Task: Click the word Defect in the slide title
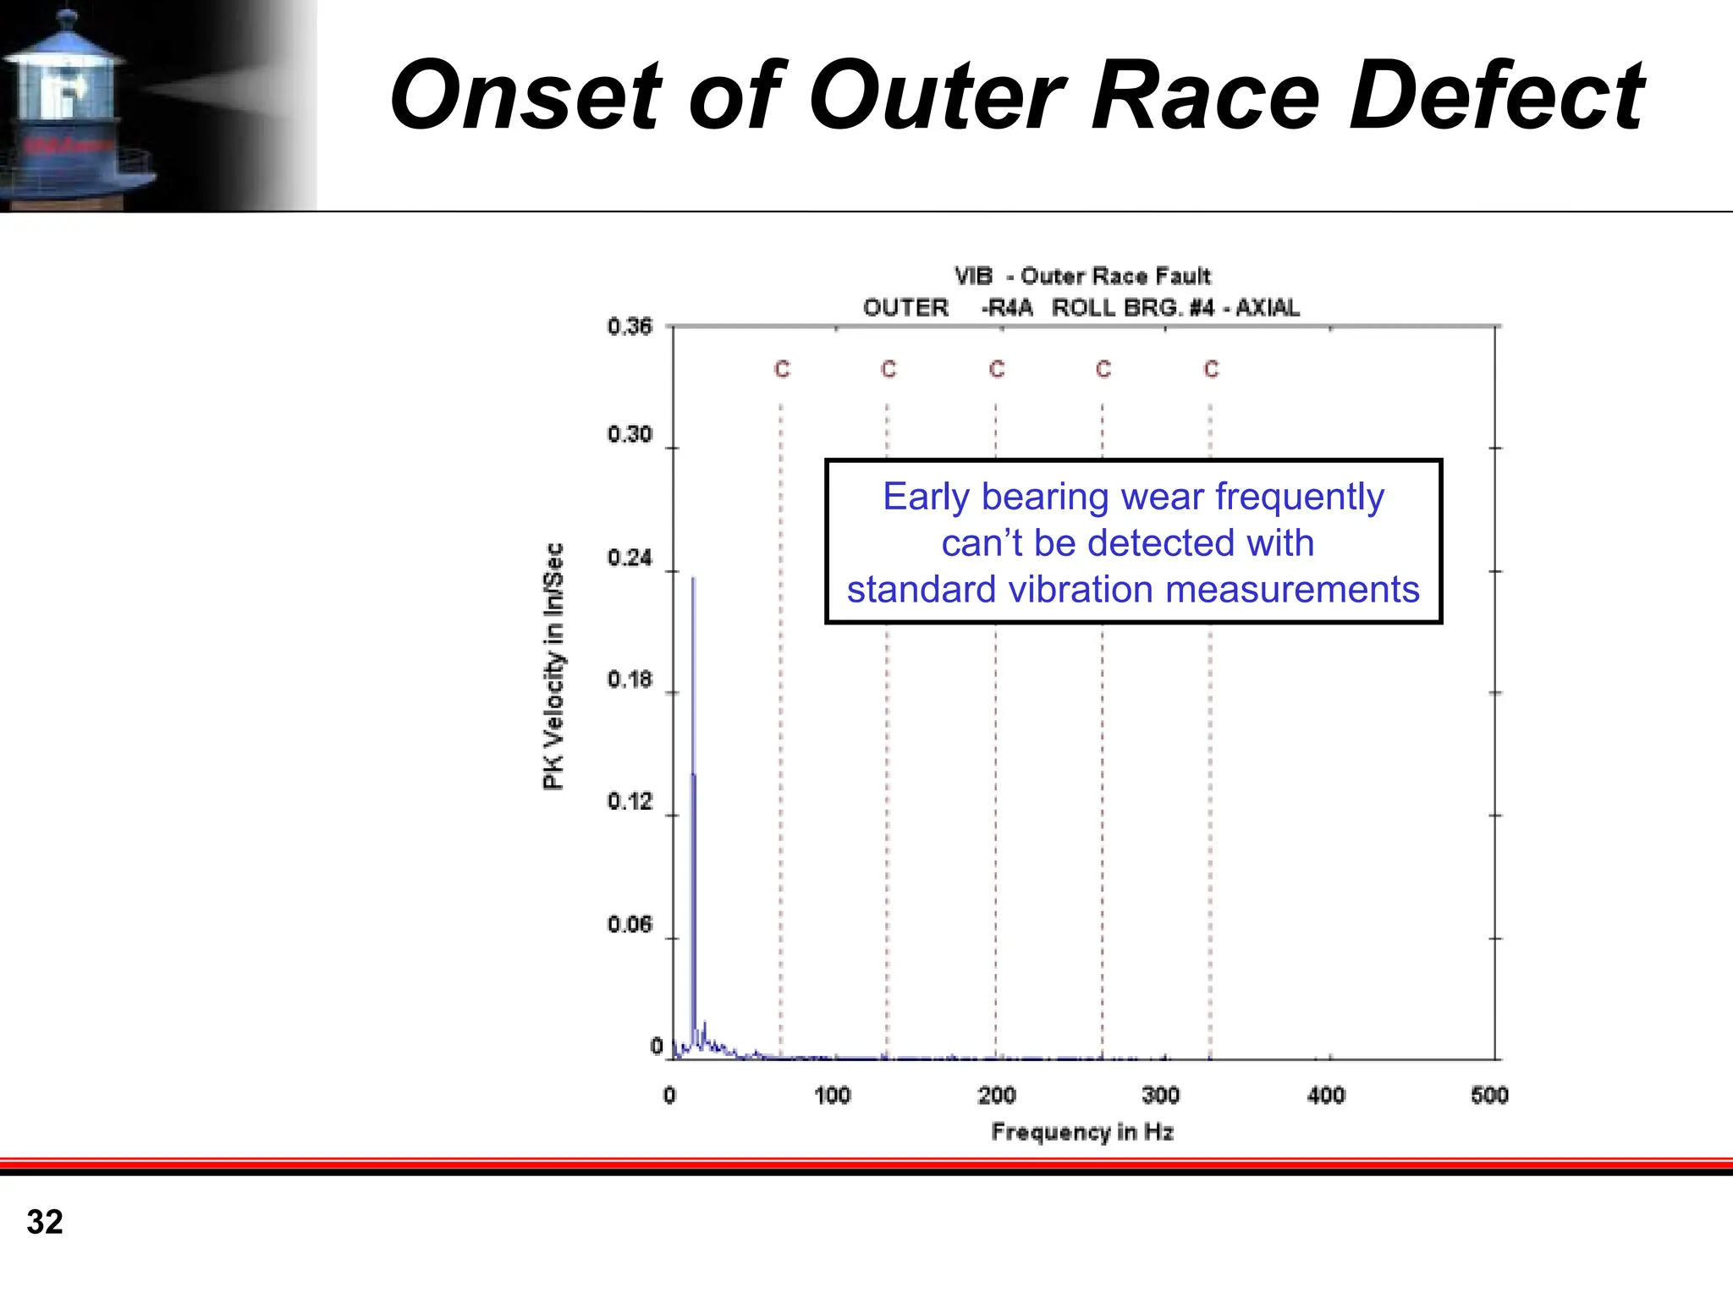(x=1495, y=96)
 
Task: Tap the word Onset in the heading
(x=525, y=96)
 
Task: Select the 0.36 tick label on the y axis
(x=630, y=327)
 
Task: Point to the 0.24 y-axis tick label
(x=630, y=558)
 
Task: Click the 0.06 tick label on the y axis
(x=630, y=925)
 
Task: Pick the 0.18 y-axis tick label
(x=630, y=680)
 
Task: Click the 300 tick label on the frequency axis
(x=1160, y=1096)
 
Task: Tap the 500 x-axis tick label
(x=1489, y=1096)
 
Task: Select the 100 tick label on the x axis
(x=832, y=1096)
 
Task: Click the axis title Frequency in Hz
(x=1082, y=1132)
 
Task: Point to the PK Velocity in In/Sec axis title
(x=553, y=667)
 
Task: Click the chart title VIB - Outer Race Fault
(x=1082, y=277)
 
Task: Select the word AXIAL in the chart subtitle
(x=1267, y=308)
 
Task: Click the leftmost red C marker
(x=782, y=370)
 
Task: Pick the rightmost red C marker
(x=1211, y=370)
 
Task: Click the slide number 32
(x=45, y=1222)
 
